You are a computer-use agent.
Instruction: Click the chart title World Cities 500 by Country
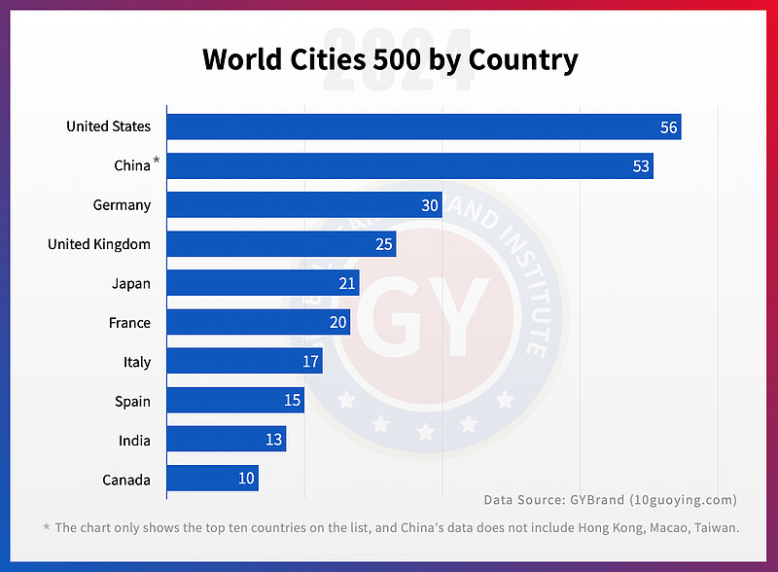(x=389, y=60)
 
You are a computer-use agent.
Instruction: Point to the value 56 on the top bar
(x=668, y=126)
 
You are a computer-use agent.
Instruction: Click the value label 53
(x=641, y=166)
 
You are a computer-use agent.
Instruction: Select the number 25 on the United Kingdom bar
(x=384, y=244)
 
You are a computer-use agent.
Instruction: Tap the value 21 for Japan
(x=347, y=283)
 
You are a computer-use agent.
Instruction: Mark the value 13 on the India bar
(x=274, y=440)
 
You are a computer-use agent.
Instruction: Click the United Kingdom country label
(x=99, y=244)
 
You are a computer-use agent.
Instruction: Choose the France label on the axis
(x=129, y=322)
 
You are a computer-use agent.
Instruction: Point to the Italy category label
(x=137, y=362)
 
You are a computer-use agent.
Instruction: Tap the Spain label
(x=132, y=401)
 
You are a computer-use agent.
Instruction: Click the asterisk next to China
(x=157, y=161)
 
